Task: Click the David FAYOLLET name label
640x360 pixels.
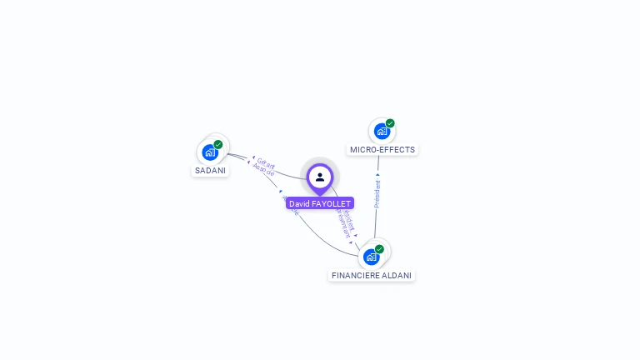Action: (320, 203)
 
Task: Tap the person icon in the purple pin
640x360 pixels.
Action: (320, 177)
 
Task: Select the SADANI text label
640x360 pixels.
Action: (210, 171)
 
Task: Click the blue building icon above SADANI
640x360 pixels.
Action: (209, 152)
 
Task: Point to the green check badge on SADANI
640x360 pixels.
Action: (218, 144)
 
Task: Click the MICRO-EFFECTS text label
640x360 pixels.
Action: (382, 150)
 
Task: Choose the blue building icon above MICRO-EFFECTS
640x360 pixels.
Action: (381, 131)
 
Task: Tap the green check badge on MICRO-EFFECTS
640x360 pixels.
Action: (390, 123)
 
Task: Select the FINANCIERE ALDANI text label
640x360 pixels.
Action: (372, 276)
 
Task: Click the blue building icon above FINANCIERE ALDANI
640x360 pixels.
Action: (371, 257)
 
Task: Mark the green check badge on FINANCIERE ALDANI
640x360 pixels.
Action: (379, 248)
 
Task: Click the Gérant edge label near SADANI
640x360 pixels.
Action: (266, 162)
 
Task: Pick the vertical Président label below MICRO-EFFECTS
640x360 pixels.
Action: (377, 193)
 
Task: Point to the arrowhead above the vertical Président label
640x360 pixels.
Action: (377, 175)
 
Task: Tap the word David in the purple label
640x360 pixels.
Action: (298, 203)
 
